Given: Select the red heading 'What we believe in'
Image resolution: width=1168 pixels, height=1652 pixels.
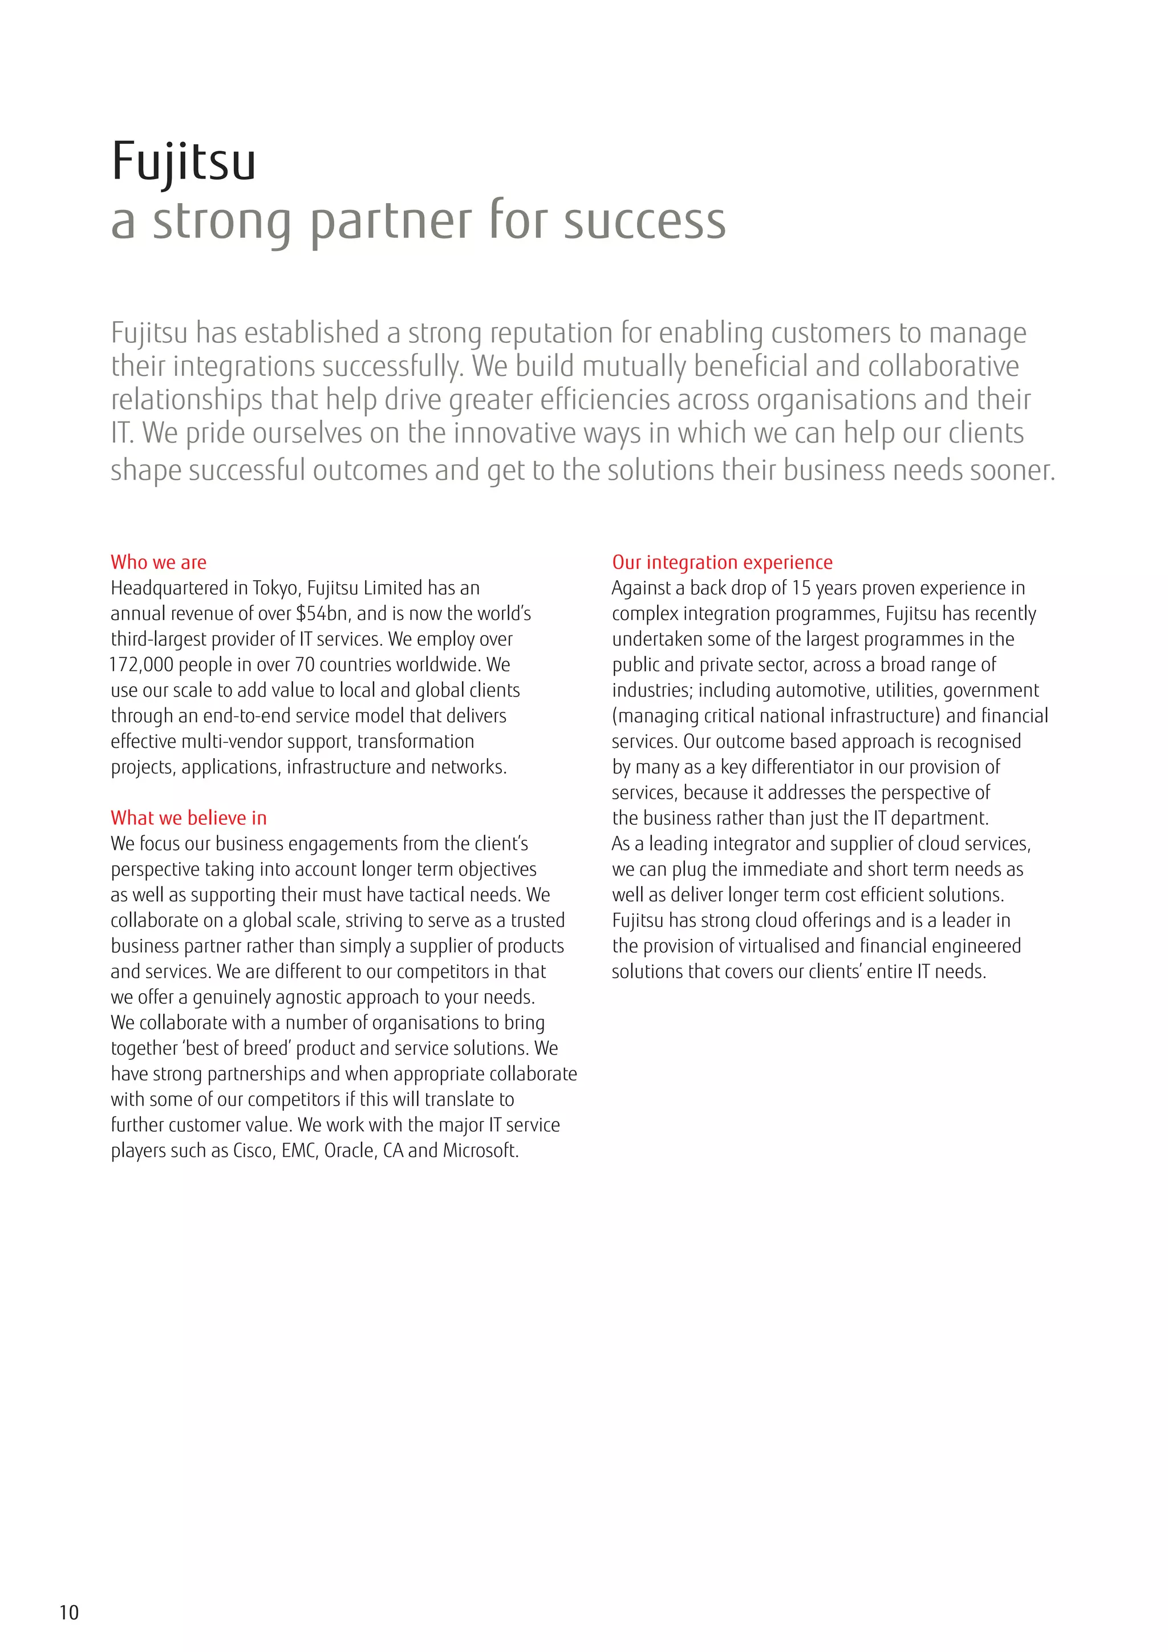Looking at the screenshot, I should click(x=188, y=817).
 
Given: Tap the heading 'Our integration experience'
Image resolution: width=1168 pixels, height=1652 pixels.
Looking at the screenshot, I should click(x=722, y=562).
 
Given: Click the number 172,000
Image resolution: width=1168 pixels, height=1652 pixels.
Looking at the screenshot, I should click(x=141, y=665).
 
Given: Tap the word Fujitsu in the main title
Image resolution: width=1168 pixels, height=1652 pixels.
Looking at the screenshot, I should click(x=184, y=161).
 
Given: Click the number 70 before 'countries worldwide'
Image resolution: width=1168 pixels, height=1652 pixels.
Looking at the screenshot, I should click(x=305, y=665).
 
